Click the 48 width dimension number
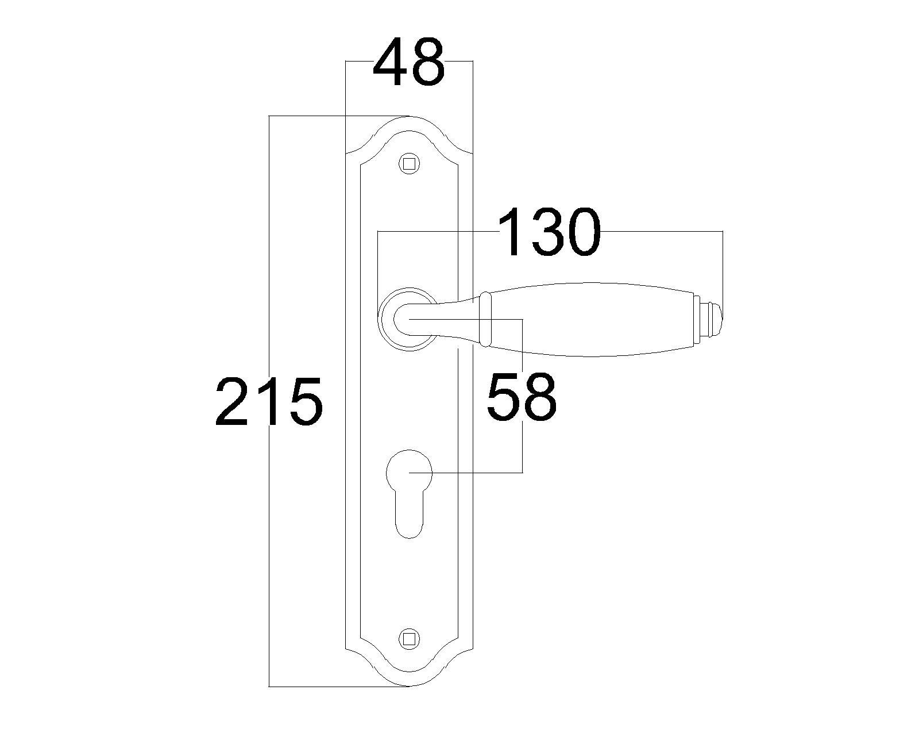(x=409, y=62)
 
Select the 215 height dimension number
(x=269, y=401)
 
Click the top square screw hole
(x=409, y=163)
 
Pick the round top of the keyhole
(x=409, y=473)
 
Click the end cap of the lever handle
(x=708, y=320)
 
